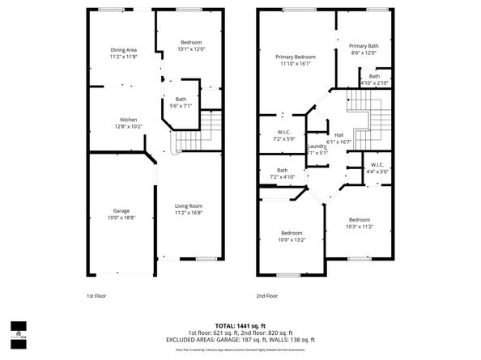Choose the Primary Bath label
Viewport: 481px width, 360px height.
click(364, 46)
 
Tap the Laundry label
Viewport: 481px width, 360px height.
click(317, 146)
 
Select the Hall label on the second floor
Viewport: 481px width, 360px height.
click(338, 135)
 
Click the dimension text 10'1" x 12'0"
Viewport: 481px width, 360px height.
click(191, 49)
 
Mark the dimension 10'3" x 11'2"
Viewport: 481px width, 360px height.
click(360, 227)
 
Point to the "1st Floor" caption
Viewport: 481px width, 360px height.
click(96, 296)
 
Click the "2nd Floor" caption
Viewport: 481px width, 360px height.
click(266, 296)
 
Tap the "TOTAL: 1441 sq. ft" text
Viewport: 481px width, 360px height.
click(240, 325)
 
